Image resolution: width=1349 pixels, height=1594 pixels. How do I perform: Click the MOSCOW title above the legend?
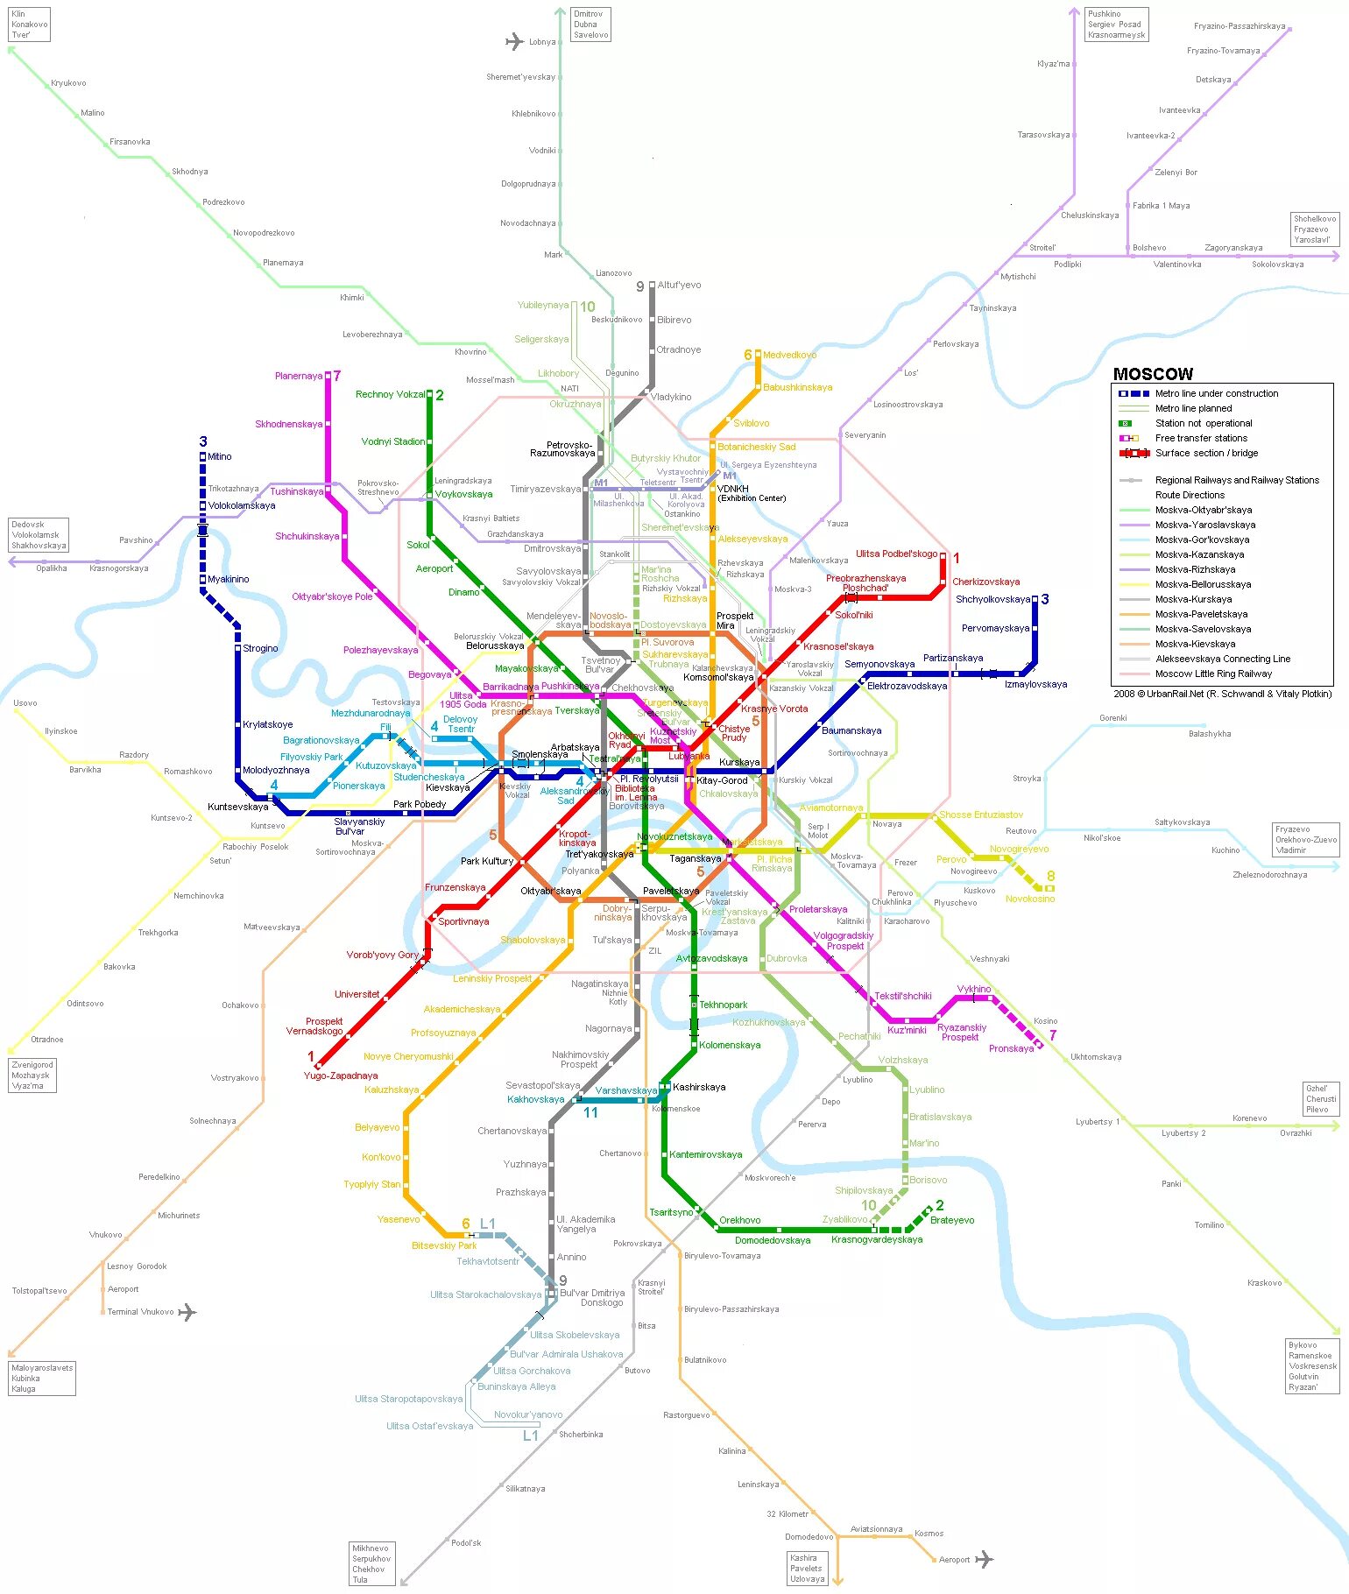click(x=1153, y=374)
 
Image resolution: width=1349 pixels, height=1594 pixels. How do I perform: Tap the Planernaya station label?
click(x=299, y=377)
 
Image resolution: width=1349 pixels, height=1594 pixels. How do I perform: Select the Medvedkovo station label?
click(x=789, y=356)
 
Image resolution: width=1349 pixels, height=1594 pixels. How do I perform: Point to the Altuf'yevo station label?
click(x=679, y=286)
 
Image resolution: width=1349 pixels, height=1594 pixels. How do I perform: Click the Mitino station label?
click(x=219, y=457)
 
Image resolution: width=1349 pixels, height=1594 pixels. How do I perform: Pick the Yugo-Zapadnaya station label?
click(x=341, y=1076)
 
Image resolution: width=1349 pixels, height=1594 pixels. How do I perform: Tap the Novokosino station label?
click(x=1029, y=899)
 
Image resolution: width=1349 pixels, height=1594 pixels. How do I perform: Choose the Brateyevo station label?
click(x=951, y=1221)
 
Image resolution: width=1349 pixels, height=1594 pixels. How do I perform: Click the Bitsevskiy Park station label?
click(x=444, y=1245)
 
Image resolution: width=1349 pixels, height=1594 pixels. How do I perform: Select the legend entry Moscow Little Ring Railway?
click(x=1213, y=674)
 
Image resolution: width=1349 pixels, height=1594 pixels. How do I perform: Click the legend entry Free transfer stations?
click(x=1201, y=438)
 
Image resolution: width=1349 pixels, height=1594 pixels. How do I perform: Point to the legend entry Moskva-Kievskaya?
click(x=1196, y=644)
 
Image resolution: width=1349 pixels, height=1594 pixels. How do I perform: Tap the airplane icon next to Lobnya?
click(x=514, y=41)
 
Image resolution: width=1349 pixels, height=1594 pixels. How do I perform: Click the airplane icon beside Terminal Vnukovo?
click(x=187, y=1312)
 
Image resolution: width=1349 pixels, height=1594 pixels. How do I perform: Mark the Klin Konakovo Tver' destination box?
click(x=29, y=25)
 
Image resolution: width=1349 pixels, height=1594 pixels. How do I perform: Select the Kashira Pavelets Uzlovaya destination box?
click(x=807, y=1569)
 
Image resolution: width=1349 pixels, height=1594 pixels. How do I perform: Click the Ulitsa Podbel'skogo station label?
click(x=896, y=554)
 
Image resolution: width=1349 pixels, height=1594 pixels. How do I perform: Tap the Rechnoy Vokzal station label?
click(x=390, y=395)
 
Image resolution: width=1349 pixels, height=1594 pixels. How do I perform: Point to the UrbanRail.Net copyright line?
click(x=1222, y=694)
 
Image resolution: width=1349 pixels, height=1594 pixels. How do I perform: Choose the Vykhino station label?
click(x=974, y=990)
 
